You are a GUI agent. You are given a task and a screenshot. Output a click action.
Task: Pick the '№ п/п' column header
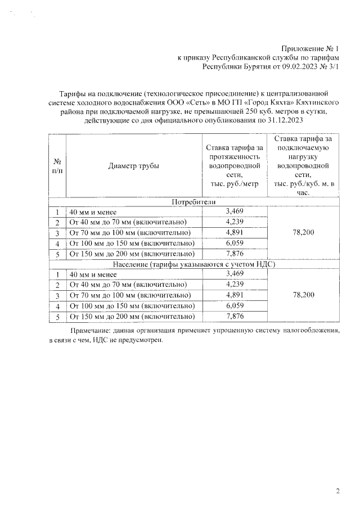(x=57, y=166)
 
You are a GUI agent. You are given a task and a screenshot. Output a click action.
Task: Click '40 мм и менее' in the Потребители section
(x=93, y=213)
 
